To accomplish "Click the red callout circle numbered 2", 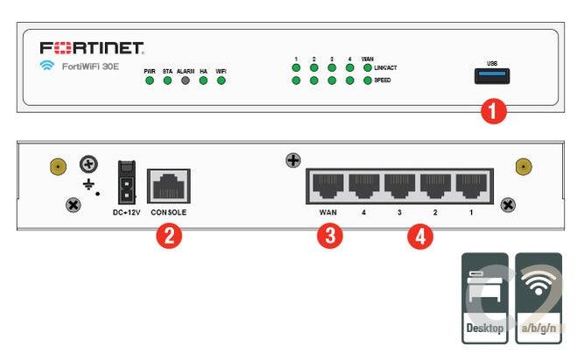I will [167, 235].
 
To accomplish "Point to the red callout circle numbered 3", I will [328, 236].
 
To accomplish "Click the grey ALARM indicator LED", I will [185, 81].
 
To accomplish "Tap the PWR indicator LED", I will [150, 81].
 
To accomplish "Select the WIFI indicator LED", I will [222, 81].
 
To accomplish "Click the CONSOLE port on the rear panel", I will [168, 186].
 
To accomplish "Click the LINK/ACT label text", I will [385, 67].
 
